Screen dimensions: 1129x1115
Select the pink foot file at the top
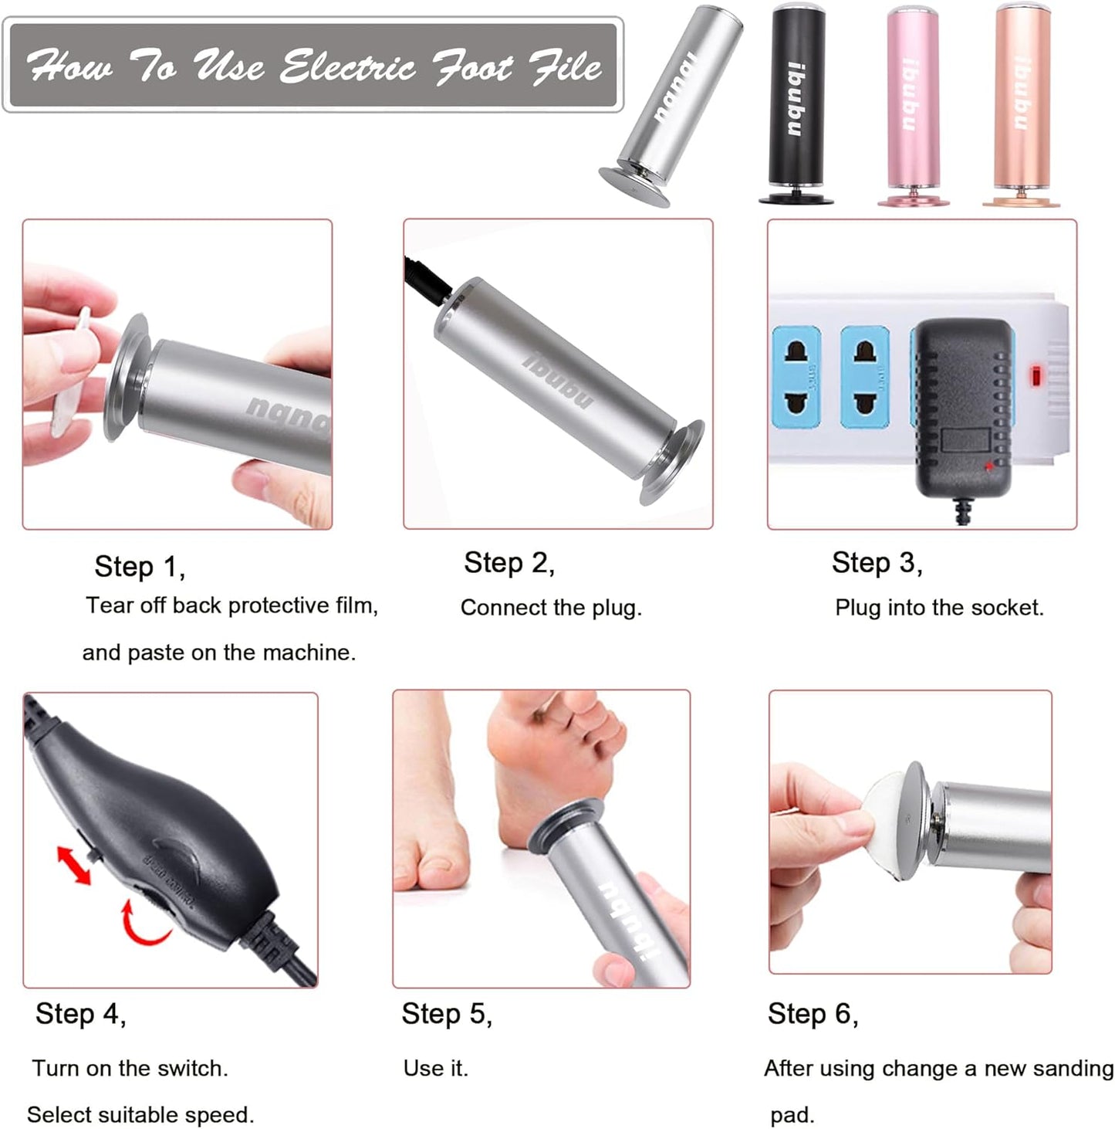click(x=912, y=104)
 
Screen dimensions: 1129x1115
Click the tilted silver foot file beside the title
click(x=671, y=104)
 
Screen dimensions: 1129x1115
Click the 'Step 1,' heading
click(x=140, y=567)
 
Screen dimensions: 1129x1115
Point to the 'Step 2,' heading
click(x=509, y=563)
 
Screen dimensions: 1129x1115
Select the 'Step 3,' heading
click(x=877, y=563)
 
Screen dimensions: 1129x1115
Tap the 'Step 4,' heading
click(x=80, y=1014)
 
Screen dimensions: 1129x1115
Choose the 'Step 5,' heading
click(x=446, y=1014)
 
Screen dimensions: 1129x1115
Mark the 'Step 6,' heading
click(x=813, y=1014)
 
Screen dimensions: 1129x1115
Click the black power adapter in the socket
click(x=962, y=405)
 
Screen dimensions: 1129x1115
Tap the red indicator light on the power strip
click(x=1036, y=377)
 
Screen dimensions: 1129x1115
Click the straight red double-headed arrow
click(x=75, y=865)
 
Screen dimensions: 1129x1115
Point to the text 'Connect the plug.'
click(x=551, y=608)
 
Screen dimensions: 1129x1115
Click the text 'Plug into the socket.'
click(x=938, y=608)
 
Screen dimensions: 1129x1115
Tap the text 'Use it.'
click(x=435, y=1069)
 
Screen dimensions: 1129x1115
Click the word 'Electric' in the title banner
click(x=347, y=66)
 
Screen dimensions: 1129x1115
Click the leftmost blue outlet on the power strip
click(x=796, y=376)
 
